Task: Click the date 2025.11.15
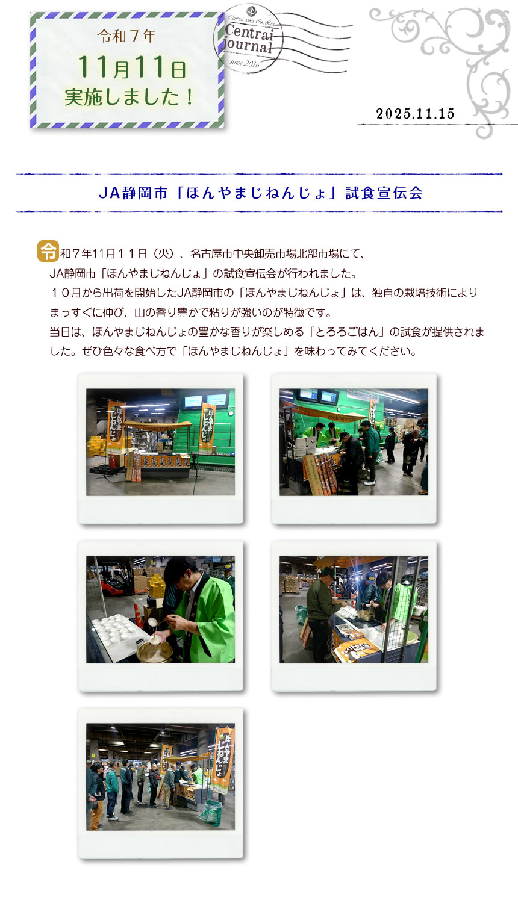415,114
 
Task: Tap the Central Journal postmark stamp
249,39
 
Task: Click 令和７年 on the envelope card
126,36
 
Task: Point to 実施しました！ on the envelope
129,97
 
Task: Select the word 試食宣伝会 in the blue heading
384,193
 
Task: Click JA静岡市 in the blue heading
133,193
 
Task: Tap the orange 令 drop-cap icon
48,251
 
